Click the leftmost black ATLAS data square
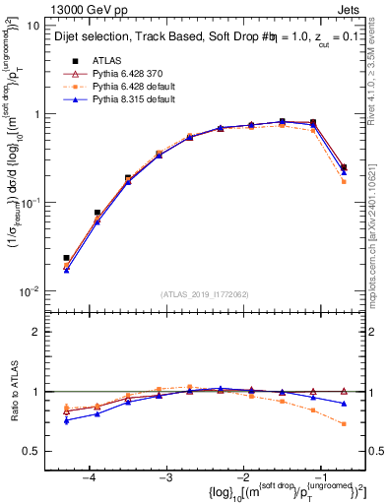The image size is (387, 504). [66, 258]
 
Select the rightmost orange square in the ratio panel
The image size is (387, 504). [344, 424]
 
